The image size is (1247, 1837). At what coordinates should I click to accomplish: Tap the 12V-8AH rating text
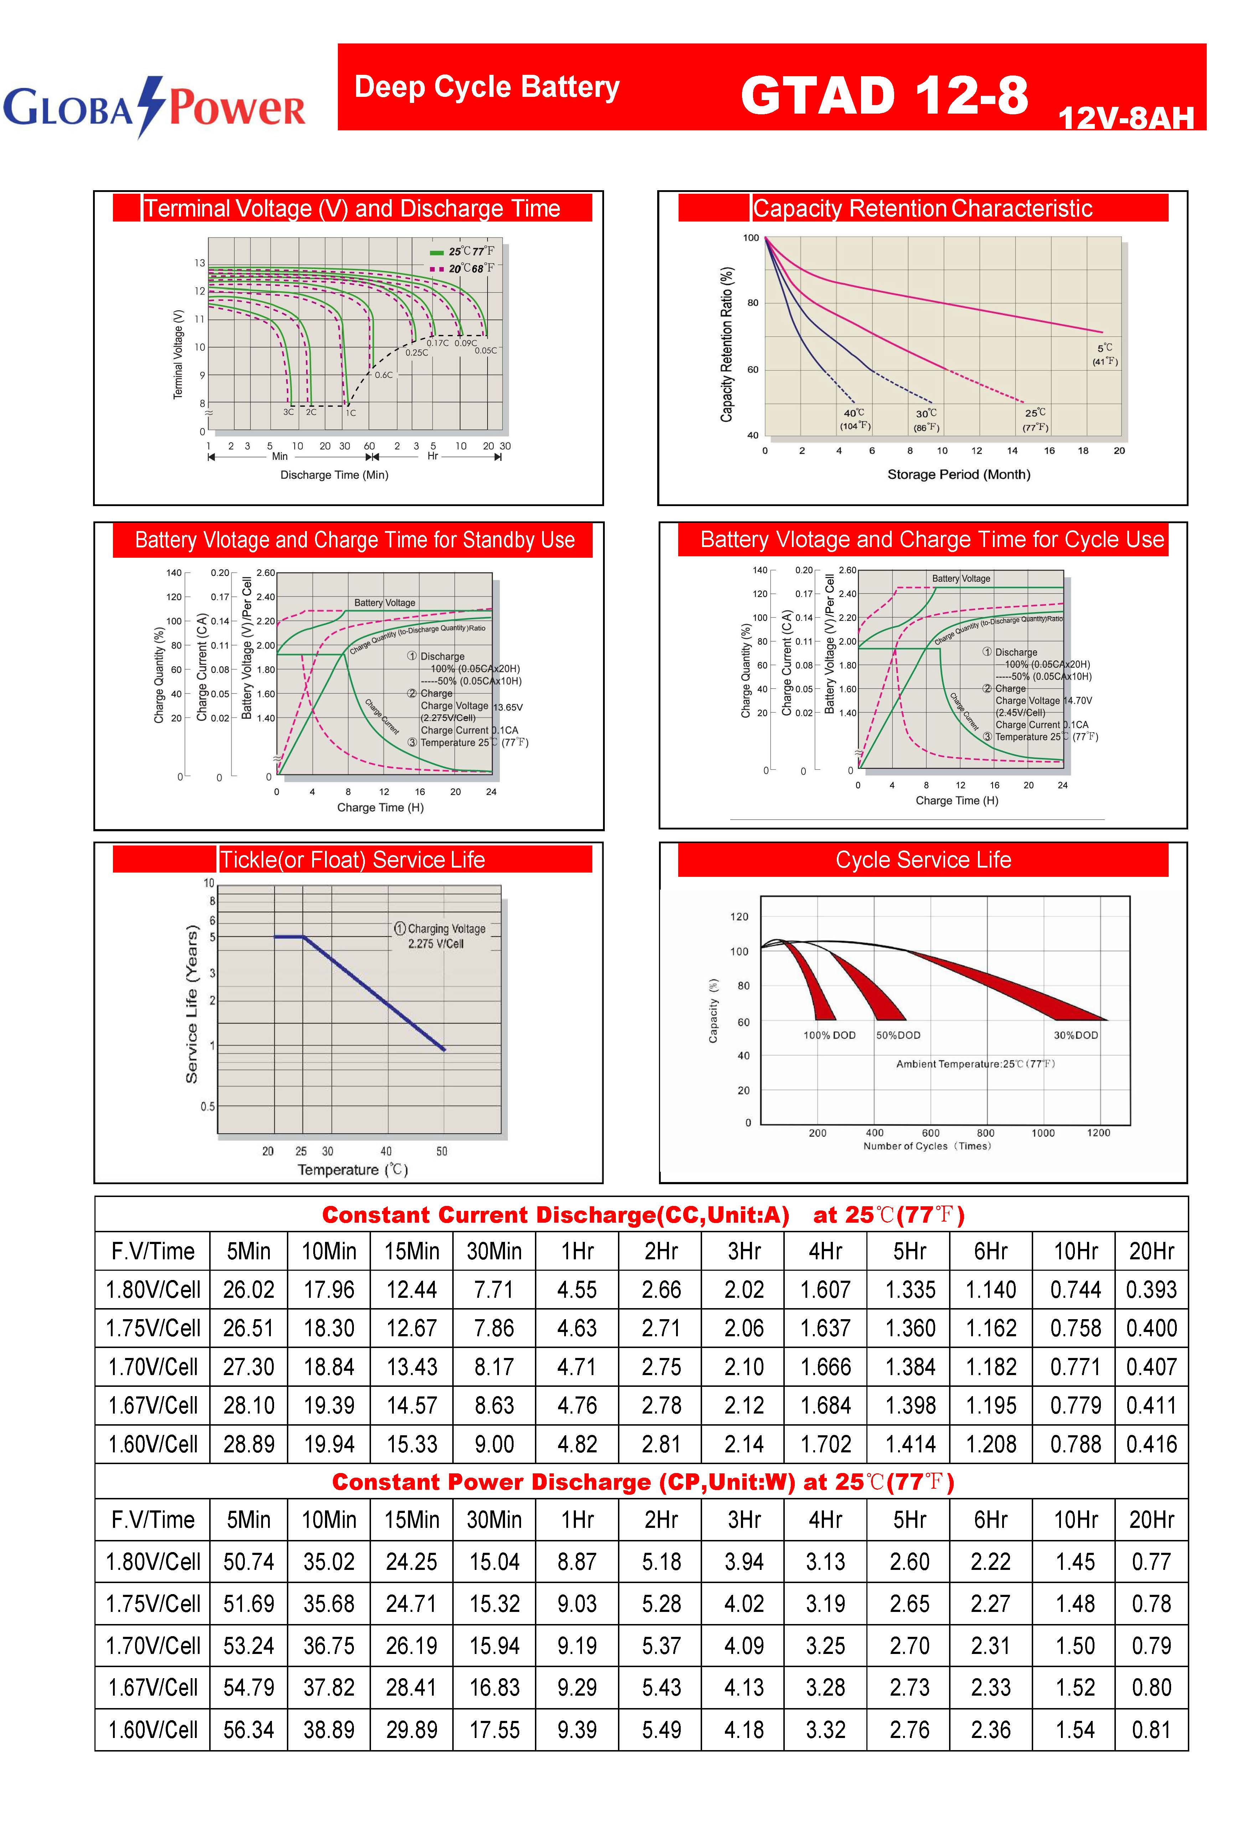click(x=1125, y=119)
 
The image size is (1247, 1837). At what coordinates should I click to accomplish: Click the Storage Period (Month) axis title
click(x=958, y=474)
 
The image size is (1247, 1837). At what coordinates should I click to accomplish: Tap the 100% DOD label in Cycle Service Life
click(x=829, y=1035)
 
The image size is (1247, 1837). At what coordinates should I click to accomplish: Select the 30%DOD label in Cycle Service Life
click(x=1076, y=1035)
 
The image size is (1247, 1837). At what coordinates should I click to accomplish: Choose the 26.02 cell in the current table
click(x=248, y=1290)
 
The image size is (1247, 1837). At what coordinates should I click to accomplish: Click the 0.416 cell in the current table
click(x=1151, y=1444)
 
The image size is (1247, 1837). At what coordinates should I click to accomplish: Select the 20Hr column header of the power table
click(x=1151, y=1519)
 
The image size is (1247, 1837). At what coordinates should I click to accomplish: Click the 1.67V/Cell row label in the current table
click(x=153, y=1405)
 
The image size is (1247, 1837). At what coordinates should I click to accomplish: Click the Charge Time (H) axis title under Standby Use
click(x=380, y=807)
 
